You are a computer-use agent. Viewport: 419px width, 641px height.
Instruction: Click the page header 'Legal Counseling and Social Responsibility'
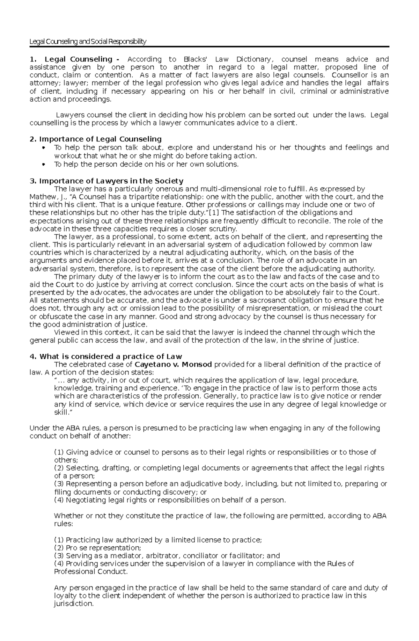tap(88, 42)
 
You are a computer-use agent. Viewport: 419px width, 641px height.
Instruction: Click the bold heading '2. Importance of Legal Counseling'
tap(96, 139)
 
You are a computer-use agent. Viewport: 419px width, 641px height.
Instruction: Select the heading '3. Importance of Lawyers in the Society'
tap(106, 181)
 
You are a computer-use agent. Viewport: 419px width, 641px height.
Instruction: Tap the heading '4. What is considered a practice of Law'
tap(106, 356)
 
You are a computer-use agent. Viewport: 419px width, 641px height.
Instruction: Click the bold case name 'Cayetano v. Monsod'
tap(173, 364)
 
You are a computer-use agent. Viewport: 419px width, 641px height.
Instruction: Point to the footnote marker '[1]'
tap(213, 213)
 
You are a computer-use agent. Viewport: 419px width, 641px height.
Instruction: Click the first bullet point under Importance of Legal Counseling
tap(43, 148)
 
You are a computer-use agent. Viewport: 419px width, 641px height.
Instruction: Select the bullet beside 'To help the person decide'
tap(43, 164)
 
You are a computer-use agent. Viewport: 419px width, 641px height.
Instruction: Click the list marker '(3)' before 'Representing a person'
tap(59, 484)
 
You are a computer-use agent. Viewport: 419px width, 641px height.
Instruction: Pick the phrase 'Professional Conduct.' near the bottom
tap(91, 571)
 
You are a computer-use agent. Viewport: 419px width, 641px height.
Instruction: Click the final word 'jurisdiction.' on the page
tap(74, 604)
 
